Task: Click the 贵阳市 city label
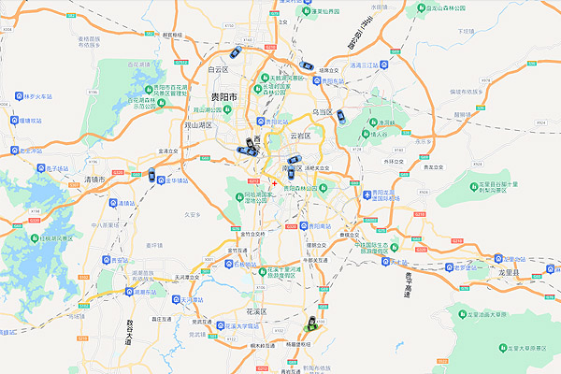click(x=223, y=97)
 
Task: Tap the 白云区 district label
click(x=219, y=69)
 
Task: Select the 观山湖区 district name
click(x=197, y=124)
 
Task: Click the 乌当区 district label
click(x=324, y=111)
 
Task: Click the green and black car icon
click(x=309, y=324)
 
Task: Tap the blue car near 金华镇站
click(x=151, y=173)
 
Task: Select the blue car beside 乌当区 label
click(x=343, y=117)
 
